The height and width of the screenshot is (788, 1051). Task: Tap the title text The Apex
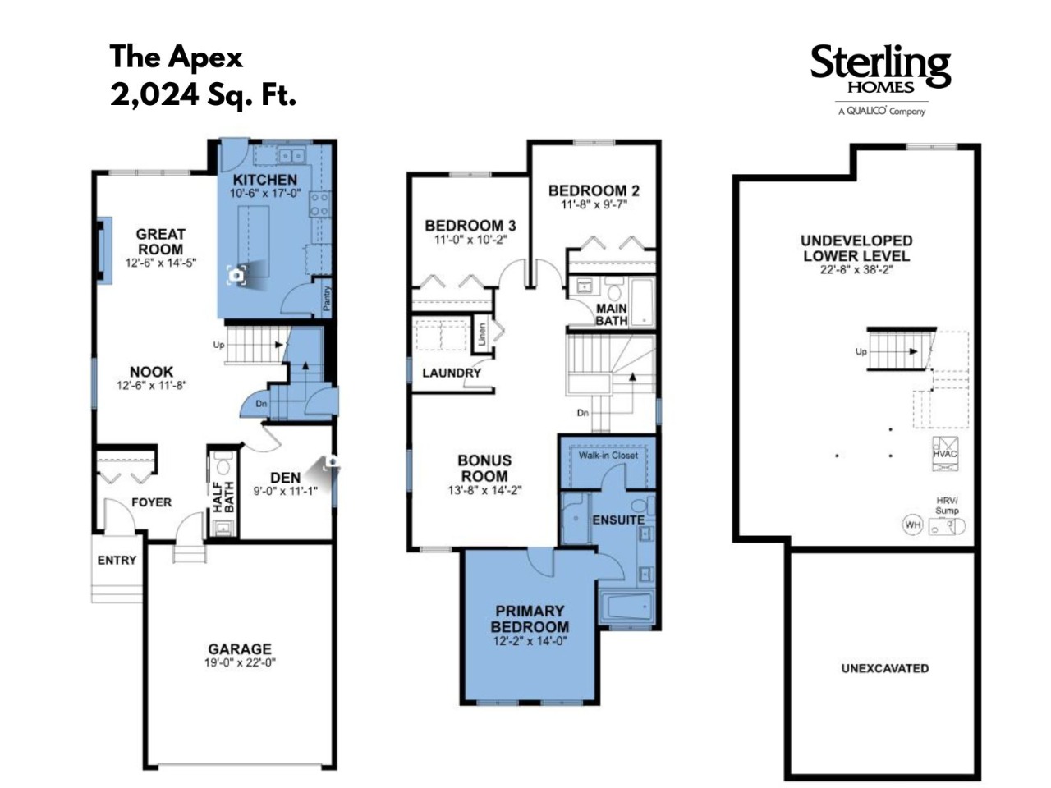[177, 57]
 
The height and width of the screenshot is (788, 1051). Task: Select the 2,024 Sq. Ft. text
[203, 95]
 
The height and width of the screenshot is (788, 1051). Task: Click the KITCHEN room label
[264, 180]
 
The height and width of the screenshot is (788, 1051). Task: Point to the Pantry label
[327, 298]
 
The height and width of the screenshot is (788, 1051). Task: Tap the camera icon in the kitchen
[236, 275]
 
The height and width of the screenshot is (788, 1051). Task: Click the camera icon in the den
[332, 461]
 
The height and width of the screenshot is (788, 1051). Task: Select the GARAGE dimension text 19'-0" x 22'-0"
[240, 662]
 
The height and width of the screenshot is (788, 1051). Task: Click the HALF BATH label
[223, 497]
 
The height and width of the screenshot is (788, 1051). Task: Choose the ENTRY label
[117, 560]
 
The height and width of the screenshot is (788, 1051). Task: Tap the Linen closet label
[482, 334]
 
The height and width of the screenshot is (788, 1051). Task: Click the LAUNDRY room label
[452, 373]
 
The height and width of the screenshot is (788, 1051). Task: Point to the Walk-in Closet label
[608, 455]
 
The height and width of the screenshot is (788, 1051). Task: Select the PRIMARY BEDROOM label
[530, 619]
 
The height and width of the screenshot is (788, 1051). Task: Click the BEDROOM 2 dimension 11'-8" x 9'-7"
[594, 204]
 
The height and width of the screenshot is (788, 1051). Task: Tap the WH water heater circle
[912, 525]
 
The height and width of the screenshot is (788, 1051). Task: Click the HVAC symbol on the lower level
[945, 454]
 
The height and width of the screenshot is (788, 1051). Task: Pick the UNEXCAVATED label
[885, 668]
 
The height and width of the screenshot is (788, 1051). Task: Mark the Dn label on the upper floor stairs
[583, 412]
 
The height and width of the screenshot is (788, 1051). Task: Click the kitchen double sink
[291, 155]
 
